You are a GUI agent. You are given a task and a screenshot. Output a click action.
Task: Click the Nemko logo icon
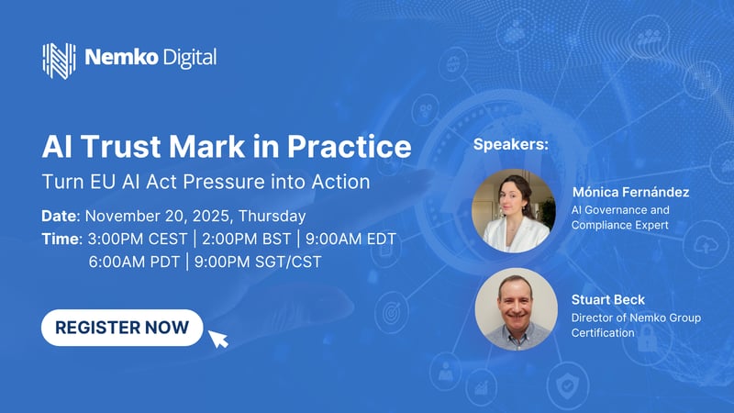[59, 59]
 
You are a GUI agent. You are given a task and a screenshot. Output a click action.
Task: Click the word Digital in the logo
[191, 59]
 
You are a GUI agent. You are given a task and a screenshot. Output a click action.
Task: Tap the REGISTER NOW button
[122, 327]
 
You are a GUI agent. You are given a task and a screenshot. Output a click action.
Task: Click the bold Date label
[60, 218]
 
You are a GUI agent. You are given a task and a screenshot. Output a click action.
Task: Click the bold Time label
[61, 240]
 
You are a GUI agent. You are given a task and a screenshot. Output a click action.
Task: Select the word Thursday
[272, 218]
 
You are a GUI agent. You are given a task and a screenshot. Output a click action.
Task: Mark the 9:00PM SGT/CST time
[259, 262]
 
